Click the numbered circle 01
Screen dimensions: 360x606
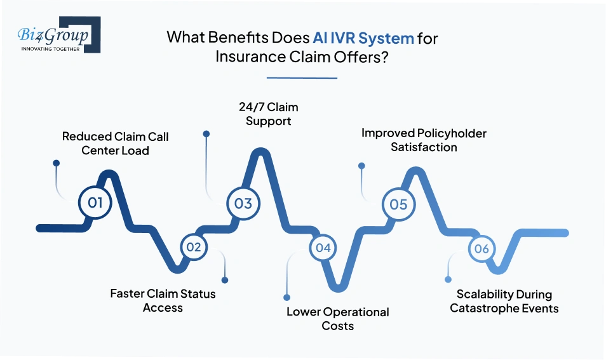click(95, 203)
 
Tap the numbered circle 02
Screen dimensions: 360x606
click(193, 247)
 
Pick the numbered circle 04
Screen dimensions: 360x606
click(323, 248)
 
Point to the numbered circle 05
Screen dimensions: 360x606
click(398, 204)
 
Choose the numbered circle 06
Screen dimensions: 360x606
click(481, 248)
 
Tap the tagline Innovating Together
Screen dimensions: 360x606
click(51, 49)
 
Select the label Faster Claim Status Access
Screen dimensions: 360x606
click(163, 301)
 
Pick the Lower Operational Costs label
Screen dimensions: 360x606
click(337, 319)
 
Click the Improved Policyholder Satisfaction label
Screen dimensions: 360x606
click(424, 140)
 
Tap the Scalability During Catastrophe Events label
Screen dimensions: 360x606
click(504, 302)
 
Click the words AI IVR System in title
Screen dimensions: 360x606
click(363, 37)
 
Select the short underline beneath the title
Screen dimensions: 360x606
click(302, 78)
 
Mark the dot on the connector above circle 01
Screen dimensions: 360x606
click(57, 163)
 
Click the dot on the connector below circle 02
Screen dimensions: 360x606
click(224, 280)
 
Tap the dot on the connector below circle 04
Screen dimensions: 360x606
click(287, 297)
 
